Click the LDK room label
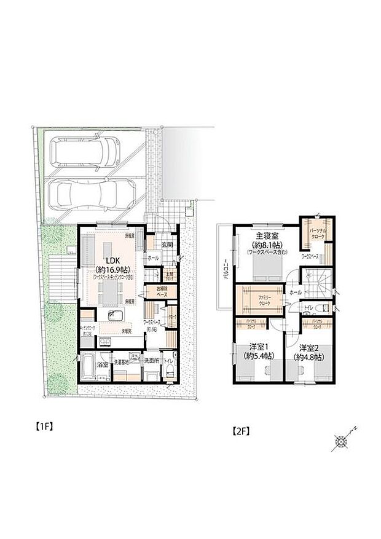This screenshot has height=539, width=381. (x=108, y=259)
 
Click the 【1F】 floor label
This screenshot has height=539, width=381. (x=42, y=426)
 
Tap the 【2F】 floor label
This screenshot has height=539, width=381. (x=241, y=431)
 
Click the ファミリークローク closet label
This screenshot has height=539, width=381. (x=259, y=299)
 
